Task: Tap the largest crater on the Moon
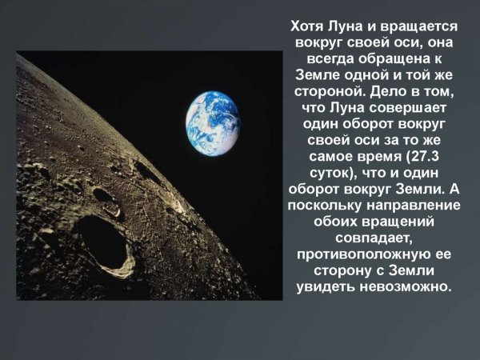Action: point(102,245)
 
